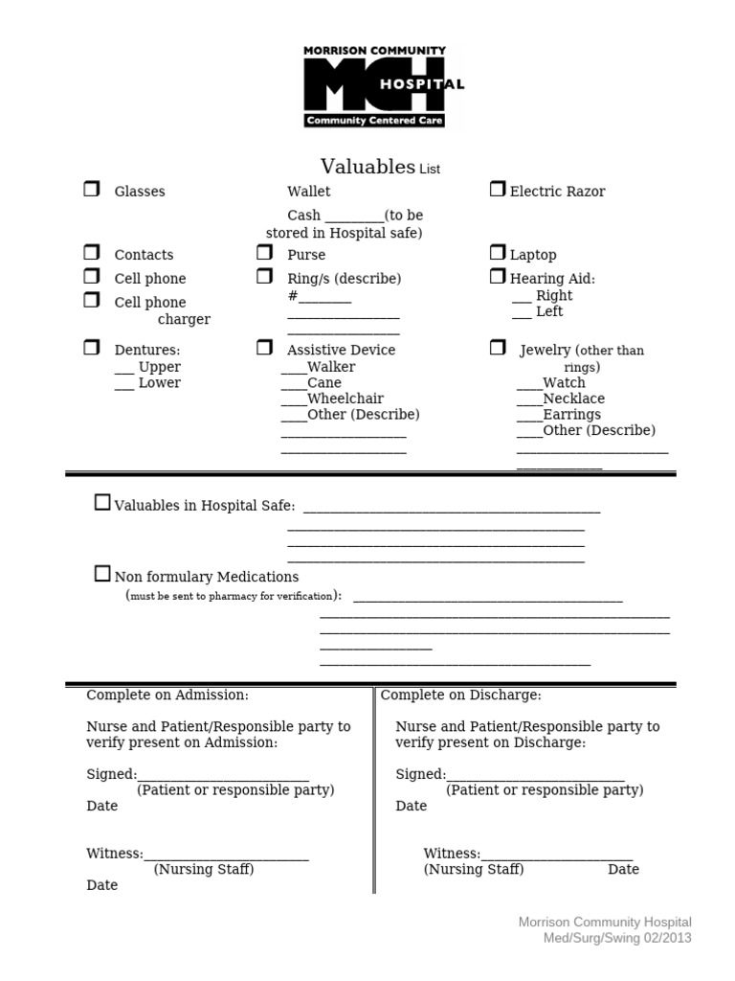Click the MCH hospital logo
click(383, 86)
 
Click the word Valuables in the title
click(367, 167)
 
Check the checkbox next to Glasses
click(91, 190)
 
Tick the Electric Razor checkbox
click(498, 190)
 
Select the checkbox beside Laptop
click(498, 253)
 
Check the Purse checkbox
click(264, 253)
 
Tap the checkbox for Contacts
click(91, 253)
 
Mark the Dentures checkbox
click(91, 348)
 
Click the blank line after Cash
click(354, 217)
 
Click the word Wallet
click(308, 192)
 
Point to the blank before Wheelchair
click(294, 400)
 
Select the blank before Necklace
click(529, 400)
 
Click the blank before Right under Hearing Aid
click(522, 298)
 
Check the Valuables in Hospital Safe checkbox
click(102, 503)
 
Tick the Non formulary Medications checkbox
click(102, 575)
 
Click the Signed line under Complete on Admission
click(223, 777)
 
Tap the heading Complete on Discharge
click(461, 695)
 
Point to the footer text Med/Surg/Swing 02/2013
click(617, 938)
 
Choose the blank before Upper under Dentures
click(124, 369)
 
